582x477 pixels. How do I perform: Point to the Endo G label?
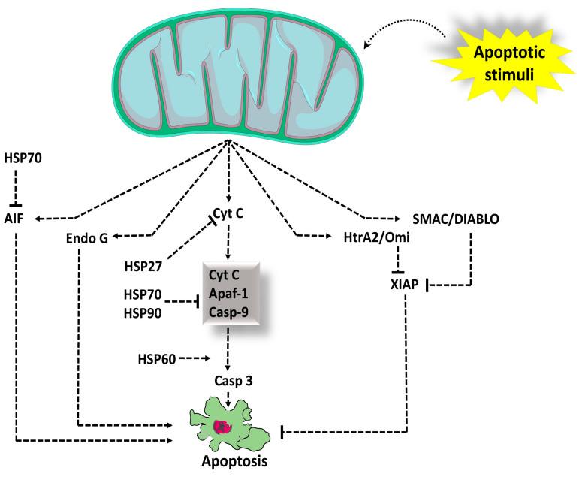(87, 238)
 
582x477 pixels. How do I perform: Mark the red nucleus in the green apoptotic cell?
(222, 427)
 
